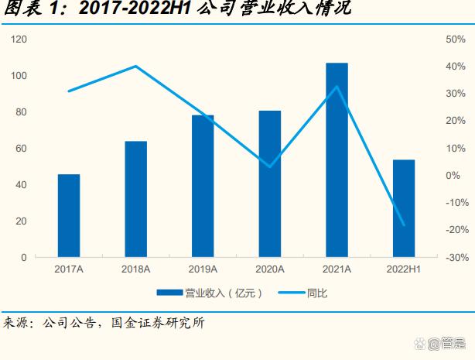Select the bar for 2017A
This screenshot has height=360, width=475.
coord(69,215)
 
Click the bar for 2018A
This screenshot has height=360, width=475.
coord(135,199)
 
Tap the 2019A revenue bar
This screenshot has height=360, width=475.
coord(203,186)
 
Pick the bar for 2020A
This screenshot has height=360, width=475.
coord(270,183)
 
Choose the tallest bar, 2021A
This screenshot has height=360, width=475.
coord(337,159)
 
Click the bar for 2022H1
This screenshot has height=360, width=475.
coord(404,207)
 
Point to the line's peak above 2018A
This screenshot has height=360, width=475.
coord(136,67)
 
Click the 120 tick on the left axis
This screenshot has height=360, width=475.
coord(19,39)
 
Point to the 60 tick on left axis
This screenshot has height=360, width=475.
coord(21,148)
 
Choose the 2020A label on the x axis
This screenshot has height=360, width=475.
coord(270,269)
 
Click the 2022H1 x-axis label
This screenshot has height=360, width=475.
coord(404,269)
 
